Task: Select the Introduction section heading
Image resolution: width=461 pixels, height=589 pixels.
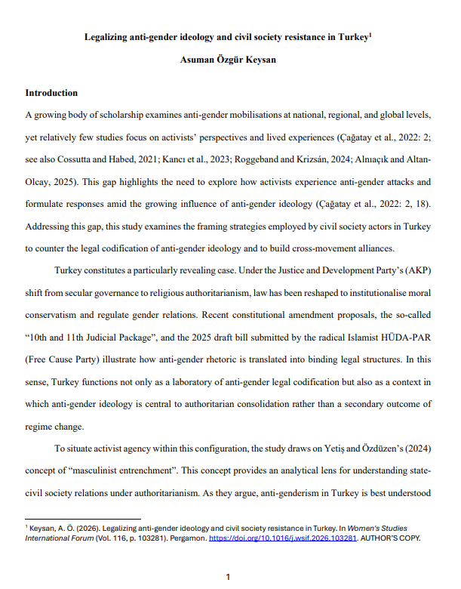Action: click(51, 94)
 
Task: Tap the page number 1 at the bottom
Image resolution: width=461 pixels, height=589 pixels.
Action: click(229, 577)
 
